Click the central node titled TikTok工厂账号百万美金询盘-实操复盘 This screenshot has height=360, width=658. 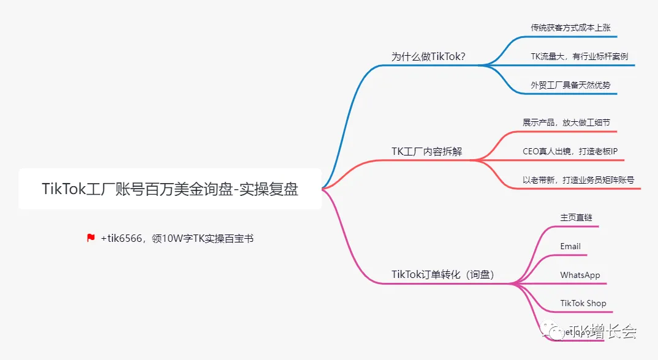point(170,189)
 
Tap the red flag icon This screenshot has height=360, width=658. point(91,238)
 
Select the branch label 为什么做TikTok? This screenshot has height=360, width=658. point(428,57)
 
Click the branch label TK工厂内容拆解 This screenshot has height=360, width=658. point(426,151)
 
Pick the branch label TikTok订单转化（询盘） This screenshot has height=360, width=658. point(442,275)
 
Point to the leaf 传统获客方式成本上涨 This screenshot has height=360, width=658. point(570,28)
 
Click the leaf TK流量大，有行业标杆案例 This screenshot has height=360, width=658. point(579,56)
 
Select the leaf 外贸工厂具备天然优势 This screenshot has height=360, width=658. point(570,85)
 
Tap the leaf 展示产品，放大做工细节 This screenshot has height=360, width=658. point(566,122)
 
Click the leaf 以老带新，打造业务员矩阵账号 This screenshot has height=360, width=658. point(578,180)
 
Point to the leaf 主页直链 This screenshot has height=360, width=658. point(576,217)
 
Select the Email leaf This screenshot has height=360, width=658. point(570,246)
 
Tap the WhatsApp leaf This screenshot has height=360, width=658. point(580,275)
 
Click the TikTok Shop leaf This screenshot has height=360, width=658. point(583,303)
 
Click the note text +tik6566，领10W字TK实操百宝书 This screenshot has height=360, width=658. point(177,238)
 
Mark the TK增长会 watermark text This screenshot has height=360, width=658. point(602,332)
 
